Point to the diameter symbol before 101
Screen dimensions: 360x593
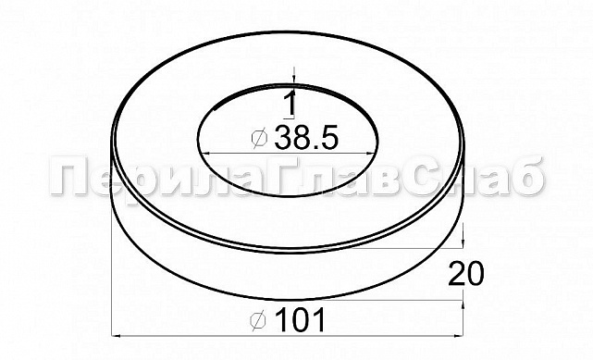coord(260,320)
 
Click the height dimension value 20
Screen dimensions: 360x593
coord(467,273)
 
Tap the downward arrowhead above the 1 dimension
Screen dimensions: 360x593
coord(292,84)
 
